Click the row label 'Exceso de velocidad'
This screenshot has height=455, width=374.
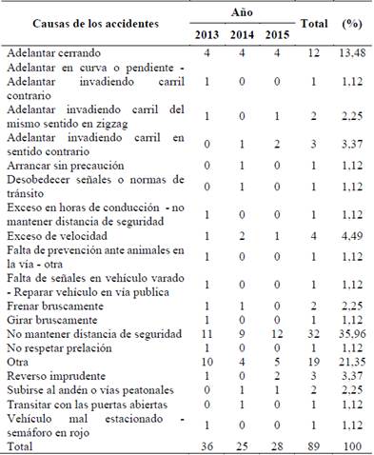pyautogui.click(x=60, y=233)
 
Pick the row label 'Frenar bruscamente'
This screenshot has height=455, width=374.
pyautogui.click(x=57, y=306)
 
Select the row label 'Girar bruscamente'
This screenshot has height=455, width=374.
pyautogui.click(x=54, y=320)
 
